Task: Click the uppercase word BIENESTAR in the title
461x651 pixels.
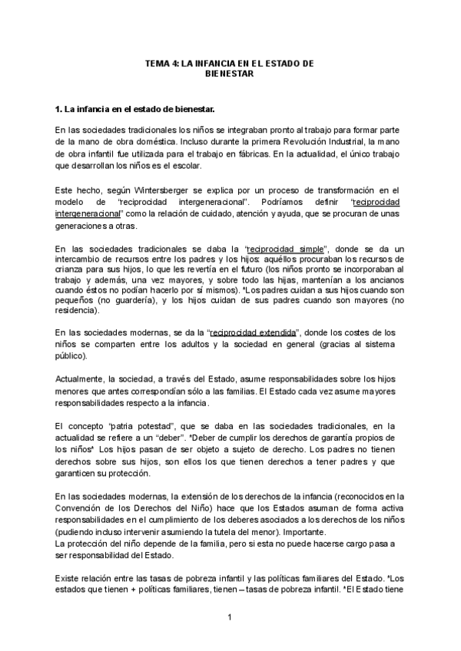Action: click(230, 74)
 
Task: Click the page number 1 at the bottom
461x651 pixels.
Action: click(230, 617)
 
